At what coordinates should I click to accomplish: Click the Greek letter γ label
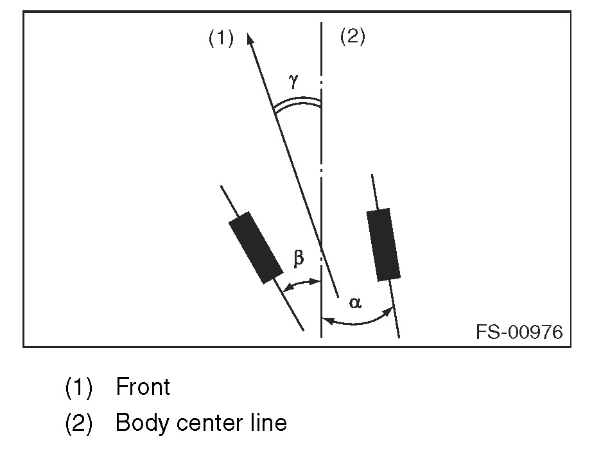point(293,80)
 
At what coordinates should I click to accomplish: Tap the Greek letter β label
point(299,258)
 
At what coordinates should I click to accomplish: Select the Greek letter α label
point(355,302)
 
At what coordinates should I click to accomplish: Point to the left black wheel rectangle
point(256,247)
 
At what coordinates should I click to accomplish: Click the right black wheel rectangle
point(383,245)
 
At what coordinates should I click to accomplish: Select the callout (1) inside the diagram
point(220,39)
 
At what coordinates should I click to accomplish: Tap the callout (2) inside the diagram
point(352,37)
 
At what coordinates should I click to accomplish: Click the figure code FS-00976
point(519,332)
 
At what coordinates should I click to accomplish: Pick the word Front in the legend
point(143,387)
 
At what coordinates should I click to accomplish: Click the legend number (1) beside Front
point(79,387)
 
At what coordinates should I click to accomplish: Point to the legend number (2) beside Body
point(79,424)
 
